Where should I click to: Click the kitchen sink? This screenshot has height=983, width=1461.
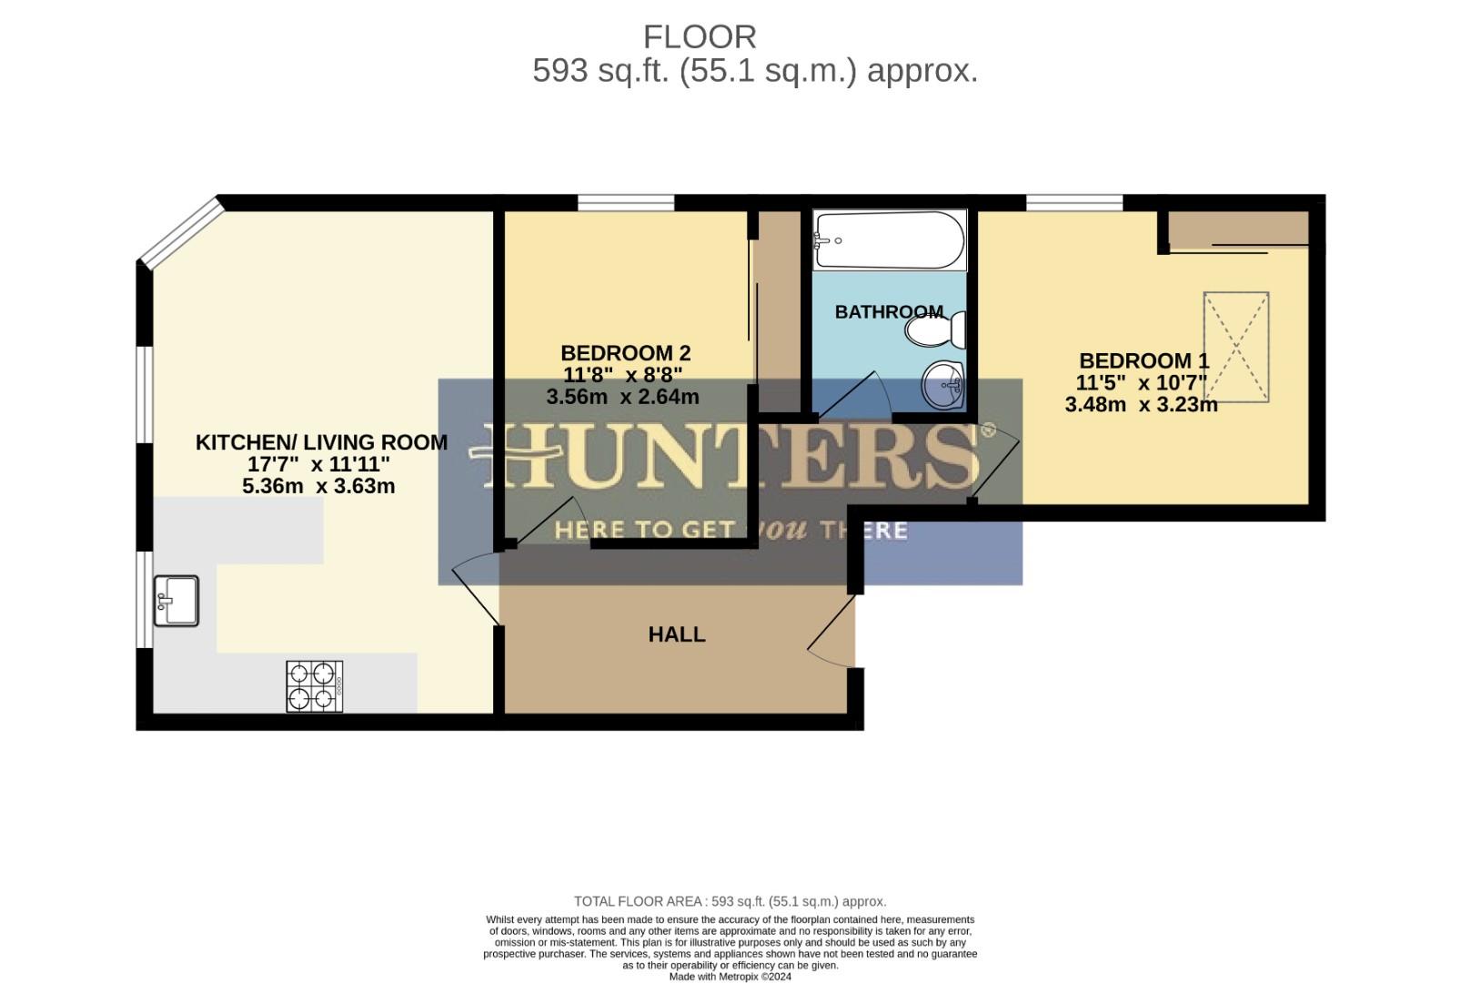click(x=176, y=601)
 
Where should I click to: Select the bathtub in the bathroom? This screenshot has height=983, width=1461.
click(x=889, y=240)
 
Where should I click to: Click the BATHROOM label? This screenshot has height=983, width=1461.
click(x=889, y=312)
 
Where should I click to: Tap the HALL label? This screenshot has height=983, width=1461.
click(x=677, y=634)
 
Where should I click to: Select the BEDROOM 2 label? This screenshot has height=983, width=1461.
click(x=625, y=353)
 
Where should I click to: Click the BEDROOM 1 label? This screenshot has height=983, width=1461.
click(x=1144, y=360)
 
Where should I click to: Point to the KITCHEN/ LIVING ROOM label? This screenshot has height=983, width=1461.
click(x=321, y=442)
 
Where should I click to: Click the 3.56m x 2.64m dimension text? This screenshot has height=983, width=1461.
click(x=622, y=397)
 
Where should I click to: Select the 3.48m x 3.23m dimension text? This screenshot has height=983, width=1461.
click(x=1141, y=405)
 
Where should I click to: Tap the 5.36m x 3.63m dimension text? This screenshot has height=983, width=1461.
click(x=318, y=486)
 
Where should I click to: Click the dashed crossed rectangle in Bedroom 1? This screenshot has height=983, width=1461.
click(x=1235, y=347)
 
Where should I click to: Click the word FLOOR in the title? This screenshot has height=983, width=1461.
click(x=700, y=37)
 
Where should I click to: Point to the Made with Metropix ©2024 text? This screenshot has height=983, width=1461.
click(x=730, y=977)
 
